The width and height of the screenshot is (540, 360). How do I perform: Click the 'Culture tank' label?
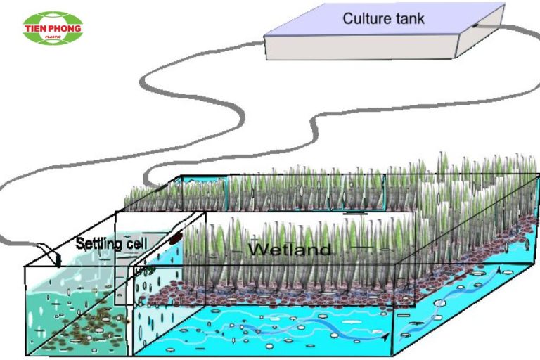383,18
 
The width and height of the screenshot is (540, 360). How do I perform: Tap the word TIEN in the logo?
37,28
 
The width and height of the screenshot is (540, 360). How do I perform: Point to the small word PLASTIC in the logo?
53,37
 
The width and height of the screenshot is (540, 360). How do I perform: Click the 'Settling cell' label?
111,243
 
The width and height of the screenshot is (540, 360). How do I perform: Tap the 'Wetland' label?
290,249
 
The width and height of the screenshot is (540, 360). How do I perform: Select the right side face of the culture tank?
480,31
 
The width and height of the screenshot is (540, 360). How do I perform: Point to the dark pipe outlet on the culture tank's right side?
475,25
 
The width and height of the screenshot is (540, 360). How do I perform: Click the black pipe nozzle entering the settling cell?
58,261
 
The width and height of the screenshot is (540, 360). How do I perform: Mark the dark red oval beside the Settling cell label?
176,238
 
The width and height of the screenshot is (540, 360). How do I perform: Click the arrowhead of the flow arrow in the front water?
386,336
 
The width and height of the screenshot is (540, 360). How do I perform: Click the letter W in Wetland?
258,249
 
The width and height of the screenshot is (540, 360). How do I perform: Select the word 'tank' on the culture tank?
411,19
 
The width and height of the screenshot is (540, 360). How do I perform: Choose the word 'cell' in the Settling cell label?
136,243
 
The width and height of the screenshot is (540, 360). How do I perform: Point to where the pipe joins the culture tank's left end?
263,43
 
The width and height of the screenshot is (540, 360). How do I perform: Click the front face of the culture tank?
361,47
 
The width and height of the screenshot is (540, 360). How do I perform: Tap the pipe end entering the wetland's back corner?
158,188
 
